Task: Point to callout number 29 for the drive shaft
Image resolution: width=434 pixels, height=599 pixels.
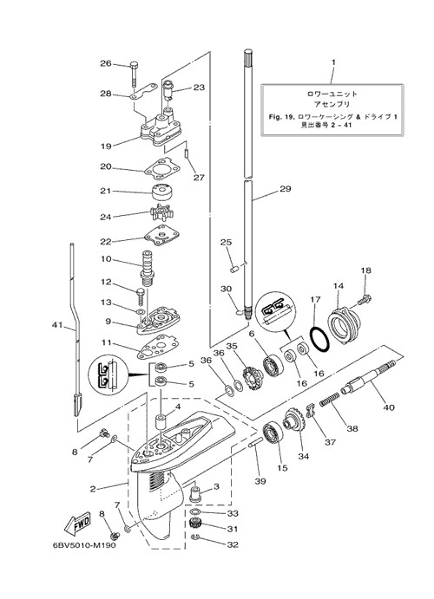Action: pyautogui.click(x=286, y=189)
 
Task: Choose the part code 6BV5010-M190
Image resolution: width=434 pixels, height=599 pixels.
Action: pyautogui.click(x=84, y=544)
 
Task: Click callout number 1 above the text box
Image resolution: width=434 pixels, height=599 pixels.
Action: pyautogui.click(x=333, y=62)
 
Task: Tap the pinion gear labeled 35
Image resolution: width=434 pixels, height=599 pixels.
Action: pyautogui.click(x=252, y=377)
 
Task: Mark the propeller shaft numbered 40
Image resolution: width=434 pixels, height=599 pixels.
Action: pyautogui.click(x=370, y=377)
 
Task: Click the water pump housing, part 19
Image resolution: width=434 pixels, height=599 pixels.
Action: pyautogui.click(x=158, y=127)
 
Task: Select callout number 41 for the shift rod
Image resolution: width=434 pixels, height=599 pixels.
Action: pyautogui.click(x=57, y=325)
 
